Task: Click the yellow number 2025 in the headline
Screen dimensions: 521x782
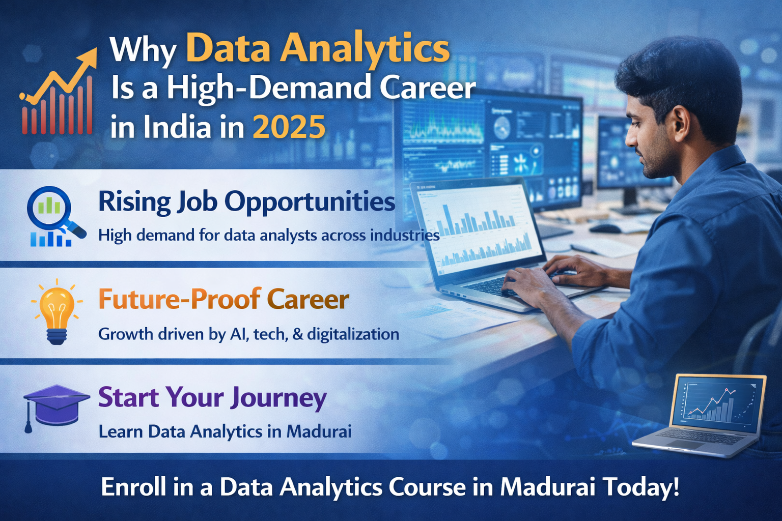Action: click(289, 127)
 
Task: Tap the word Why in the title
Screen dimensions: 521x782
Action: click(143, 50)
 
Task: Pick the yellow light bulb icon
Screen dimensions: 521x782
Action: click(57, 311)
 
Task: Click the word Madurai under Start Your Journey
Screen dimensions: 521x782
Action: click(319, 431)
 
